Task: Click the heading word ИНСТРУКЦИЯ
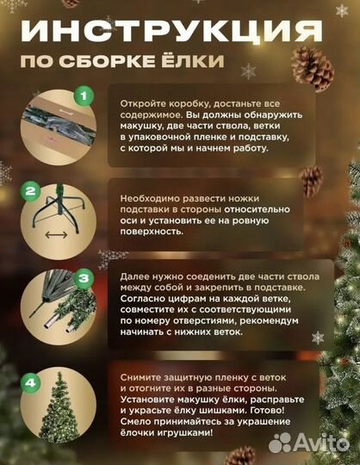tap(164, 33)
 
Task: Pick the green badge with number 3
tap(84, 278)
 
